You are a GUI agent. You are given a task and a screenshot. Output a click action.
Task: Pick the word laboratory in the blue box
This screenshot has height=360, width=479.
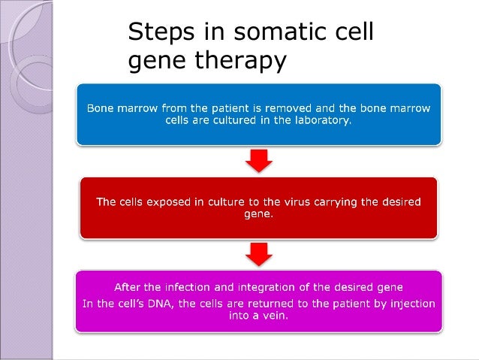tap(319, 120)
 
